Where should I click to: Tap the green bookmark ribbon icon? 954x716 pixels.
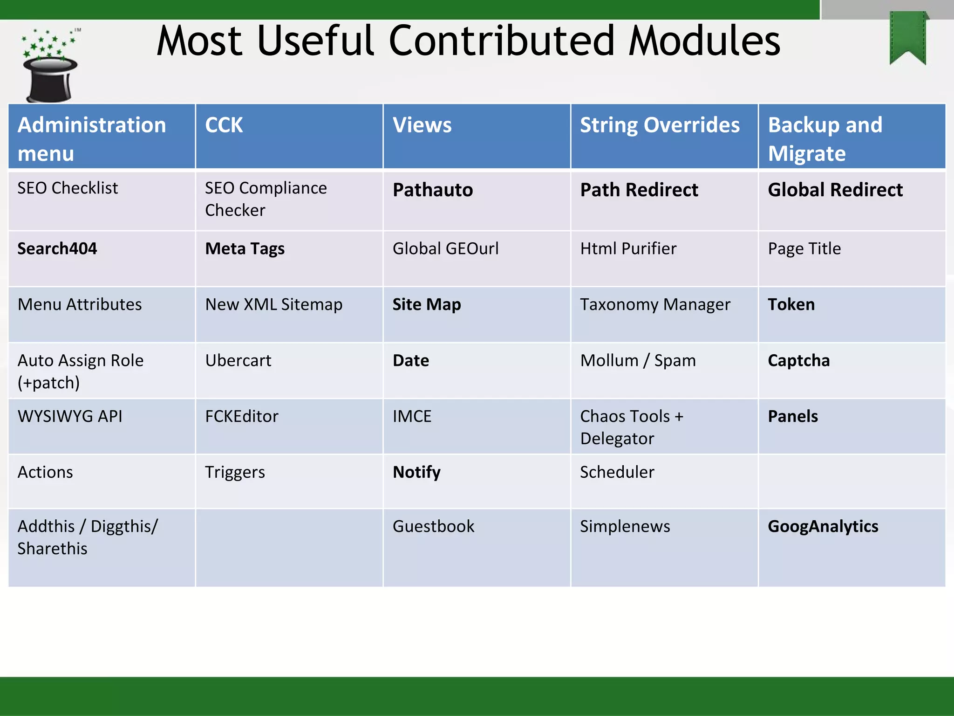coord(907,38)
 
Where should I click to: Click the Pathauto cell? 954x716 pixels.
coord(433,190)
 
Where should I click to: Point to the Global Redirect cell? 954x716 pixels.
coord(835,190)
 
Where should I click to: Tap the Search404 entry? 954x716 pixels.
coord(57,249)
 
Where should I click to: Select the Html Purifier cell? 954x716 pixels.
coord(628,249)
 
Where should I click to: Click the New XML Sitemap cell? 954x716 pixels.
coord(273,305)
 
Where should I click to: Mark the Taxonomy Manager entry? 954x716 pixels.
coord(655,305)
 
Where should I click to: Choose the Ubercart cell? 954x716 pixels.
coord(238,361)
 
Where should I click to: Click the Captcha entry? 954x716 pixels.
coord(798,361)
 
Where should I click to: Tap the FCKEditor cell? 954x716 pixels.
coord(242,417)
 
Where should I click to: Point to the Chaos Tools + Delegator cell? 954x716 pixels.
coord(631,427)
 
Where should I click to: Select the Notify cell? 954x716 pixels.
coord(416,472)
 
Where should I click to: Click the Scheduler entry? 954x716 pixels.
coord(617,472)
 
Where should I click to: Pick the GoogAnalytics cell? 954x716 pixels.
coord(823,527)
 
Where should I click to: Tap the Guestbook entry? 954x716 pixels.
coord(433,527)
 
